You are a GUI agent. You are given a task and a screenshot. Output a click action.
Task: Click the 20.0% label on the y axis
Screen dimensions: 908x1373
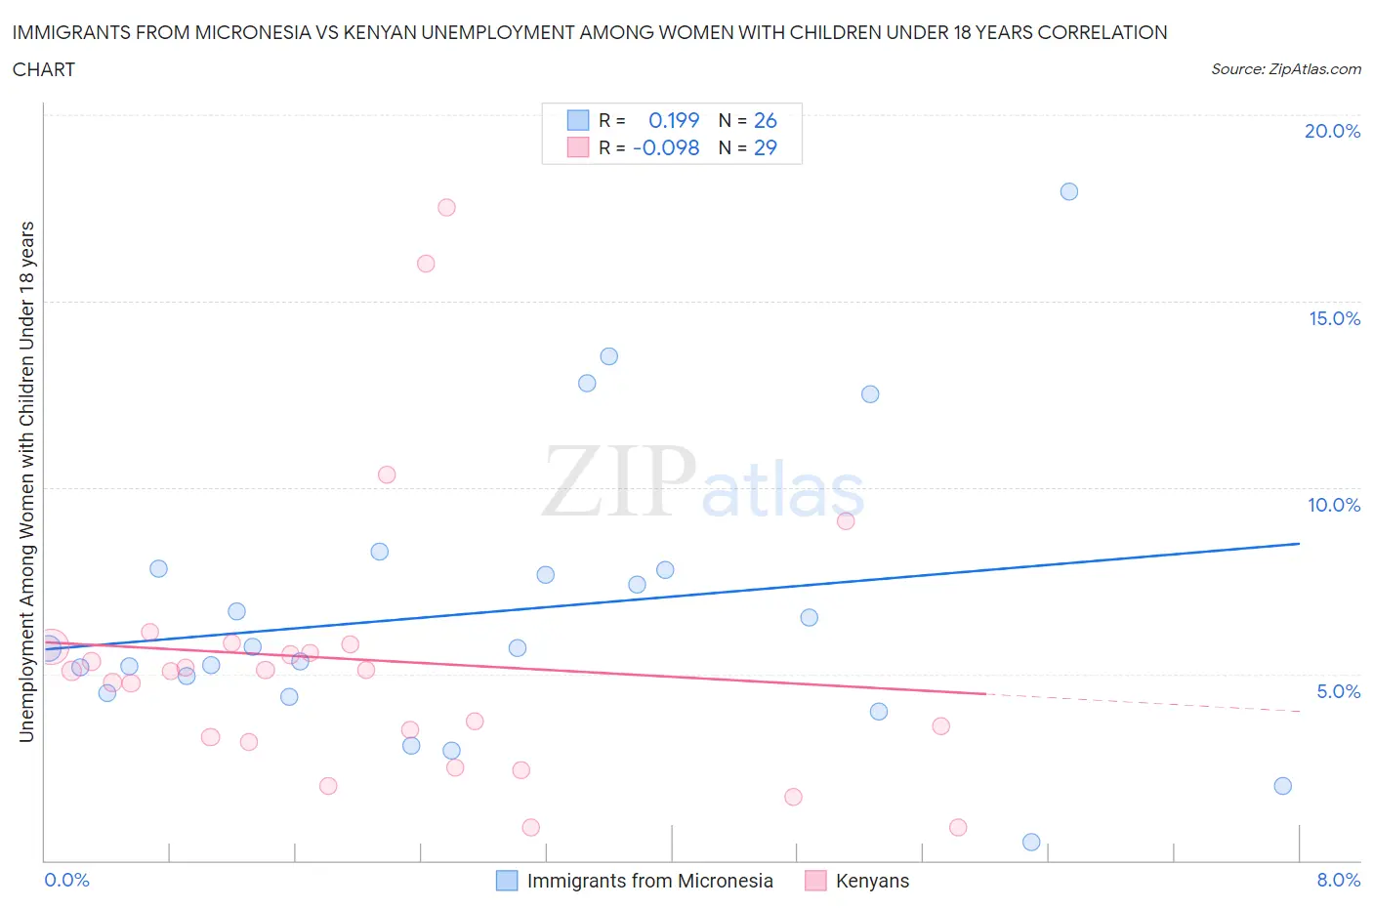pyautogui.click(x=1332, y=131)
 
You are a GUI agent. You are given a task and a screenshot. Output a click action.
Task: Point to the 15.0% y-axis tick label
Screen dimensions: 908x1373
pyautogui.click(x=1334, y=318)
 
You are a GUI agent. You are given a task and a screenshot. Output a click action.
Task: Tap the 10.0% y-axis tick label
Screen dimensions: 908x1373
pyautogui.click(x=1334, y=505)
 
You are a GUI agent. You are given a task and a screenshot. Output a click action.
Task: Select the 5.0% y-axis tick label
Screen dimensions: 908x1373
pyautogui.click(x=1338, y=691)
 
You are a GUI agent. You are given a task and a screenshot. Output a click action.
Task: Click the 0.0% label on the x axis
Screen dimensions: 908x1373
pyautogui.click(x=66, y=880)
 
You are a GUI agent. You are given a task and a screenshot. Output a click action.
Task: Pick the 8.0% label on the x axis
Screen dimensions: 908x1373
pyautogui.click(x=1338, y=880)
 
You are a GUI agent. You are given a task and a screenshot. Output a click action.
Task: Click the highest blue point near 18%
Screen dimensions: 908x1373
pyautogui.click(x=1069, y=191)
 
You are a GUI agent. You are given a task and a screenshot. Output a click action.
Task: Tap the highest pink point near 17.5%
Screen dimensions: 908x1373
pyautogui.click(x=446, y=207)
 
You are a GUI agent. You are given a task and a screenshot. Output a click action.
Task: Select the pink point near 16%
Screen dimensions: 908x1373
pyautogui.click(x=426, y=264)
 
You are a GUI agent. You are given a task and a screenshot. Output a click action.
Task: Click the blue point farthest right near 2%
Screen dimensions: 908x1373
pyautogui.click(x=1283, y=786)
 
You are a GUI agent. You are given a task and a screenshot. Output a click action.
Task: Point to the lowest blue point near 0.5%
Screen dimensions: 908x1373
pyautogui.click(x=1031, y=842)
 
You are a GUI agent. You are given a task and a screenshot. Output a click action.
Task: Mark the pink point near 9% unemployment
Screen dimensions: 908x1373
pyautogui.click(x=846, y=521)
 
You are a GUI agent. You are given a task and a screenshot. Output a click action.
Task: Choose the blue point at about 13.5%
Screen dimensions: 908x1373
pyautogui.click(x=609, y=356)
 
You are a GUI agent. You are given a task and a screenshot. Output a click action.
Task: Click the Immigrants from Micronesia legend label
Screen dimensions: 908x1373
pyautogui.click(x=649, y=881)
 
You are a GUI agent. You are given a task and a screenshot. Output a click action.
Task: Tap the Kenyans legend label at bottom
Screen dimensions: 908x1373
pyautogui.click(x=872, y=881)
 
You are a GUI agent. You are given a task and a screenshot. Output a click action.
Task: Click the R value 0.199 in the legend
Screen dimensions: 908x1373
pyautogui.click(x=674, y=120)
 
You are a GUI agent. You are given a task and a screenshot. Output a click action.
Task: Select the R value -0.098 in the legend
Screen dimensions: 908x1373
pyautogui.click(x=666, y=147)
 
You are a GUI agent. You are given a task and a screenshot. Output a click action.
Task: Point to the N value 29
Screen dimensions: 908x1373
pyautogui.click(x=765, y=147)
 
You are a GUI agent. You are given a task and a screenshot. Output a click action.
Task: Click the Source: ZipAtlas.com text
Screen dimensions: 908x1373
pyautogui.click(x=1285, y=69)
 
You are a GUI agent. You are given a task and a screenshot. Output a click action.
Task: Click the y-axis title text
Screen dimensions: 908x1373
pyautogui.click(x=26, y=481)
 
